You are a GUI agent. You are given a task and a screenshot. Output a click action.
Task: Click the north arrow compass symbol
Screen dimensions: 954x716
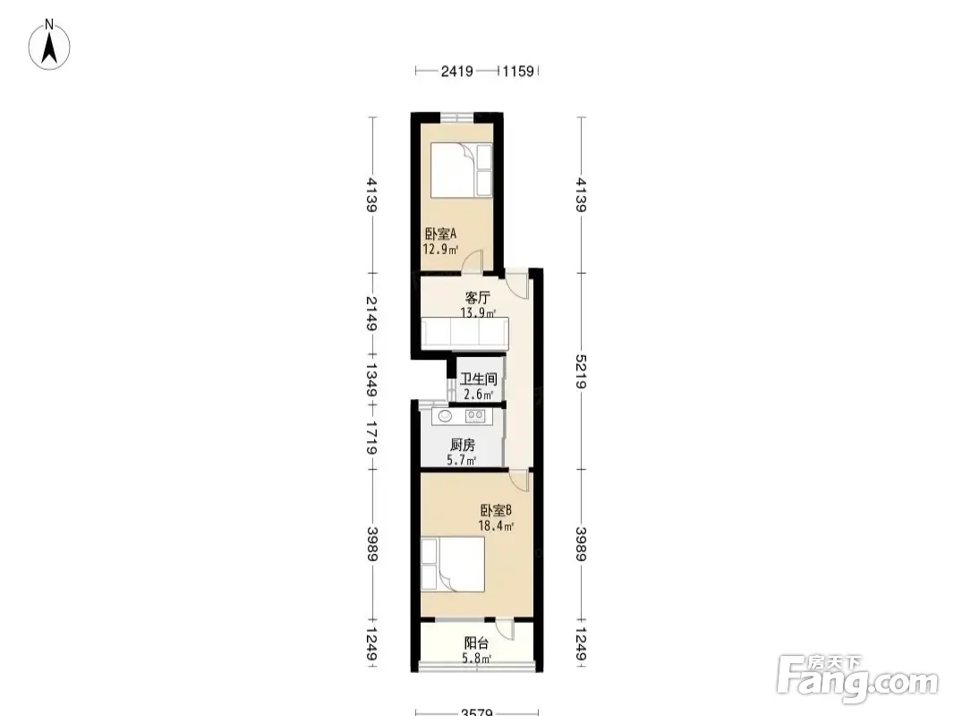coord(50,45)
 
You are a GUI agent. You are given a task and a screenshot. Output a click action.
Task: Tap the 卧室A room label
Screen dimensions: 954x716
coord(440,234)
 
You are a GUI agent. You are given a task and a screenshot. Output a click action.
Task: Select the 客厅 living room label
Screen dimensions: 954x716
coord(478,298)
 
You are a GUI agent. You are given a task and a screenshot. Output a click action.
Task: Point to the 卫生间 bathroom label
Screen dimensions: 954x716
coord(478,379)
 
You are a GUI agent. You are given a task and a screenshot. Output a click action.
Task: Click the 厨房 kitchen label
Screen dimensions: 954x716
coord(463,445)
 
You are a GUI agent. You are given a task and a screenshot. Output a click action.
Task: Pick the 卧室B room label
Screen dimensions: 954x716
coord(496,510)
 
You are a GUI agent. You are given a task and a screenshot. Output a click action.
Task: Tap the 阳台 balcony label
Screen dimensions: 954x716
coord(476,643)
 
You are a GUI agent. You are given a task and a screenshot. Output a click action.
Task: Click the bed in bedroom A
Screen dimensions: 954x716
coord(462,170)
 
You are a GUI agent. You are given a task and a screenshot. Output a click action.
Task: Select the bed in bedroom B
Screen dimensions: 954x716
coord(453,563)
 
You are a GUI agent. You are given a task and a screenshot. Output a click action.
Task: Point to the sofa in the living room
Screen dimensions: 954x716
coord(464,333)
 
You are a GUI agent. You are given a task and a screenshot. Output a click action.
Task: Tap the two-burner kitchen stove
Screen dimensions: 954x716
coord(475,416)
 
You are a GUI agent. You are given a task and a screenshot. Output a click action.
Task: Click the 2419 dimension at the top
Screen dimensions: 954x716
coord(457,72)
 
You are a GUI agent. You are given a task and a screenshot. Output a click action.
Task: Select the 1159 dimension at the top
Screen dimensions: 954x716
coord(518,72)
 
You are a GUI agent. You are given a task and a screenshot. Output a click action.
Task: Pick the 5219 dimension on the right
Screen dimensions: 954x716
coord(581,371)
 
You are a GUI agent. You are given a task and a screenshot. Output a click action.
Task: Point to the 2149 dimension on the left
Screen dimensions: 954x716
coord(371,312)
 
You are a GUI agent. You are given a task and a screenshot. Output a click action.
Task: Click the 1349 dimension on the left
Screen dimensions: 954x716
coord(371,379)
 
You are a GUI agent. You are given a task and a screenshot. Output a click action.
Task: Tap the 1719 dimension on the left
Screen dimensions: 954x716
coord(371,438)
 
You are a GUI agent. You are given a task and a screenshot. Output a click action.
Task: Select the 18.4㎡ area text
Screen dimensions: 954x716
coord(496,525)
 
